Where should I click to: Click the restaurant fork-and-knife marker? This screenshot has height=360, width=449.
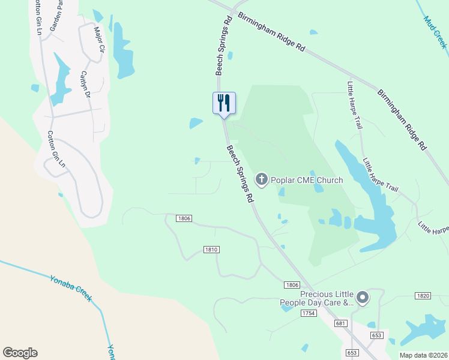[x=224, y=103]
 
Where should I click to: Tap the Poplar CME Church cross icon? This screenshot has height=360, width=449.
[x=261, y=179]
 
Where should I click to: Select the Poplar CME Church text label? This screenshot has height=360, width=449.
[x=307, y=180]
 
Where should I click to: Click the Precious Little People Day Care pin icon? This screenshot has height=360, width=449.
[x=362, y=297]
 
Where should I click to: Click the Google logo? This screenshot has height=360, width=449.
[x=20, y=353]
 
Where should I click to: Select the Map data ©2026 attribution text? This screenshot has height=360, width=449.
[x=423, y=355]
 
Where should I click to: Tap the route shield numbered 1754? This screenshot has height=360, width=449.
[x=309, y=313]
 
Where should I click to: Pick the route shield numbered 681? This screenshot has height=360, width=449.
[x=341, y=323]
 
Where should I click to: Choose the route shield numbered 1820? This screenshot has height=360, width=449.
[x=423, y=296]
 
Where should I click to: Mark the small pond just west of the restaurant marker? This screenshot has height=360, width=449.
[x=196, y=123]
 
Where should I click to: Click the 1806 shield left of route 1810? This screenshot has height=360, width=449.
[x=184, y=218]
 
